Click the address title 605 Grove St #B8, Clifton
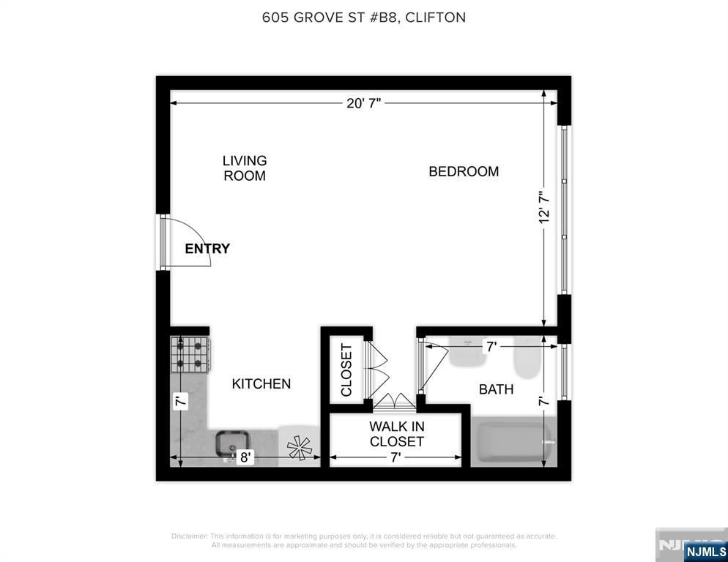363,18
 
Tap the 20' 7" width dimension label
364,104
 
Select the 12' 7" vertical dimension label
544,208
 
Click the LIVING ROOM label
245,168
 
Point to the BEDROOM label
464,171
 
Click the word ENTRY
207,249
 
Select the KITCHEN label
261,383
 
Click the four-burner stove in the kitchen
190,354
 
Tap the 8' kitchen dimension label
245,458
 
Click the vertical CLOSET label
346,370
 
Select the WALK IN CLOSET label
396,434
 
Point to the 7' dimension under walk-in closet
395,458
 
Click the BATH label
496,389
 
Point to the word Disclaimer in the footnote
190,536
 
